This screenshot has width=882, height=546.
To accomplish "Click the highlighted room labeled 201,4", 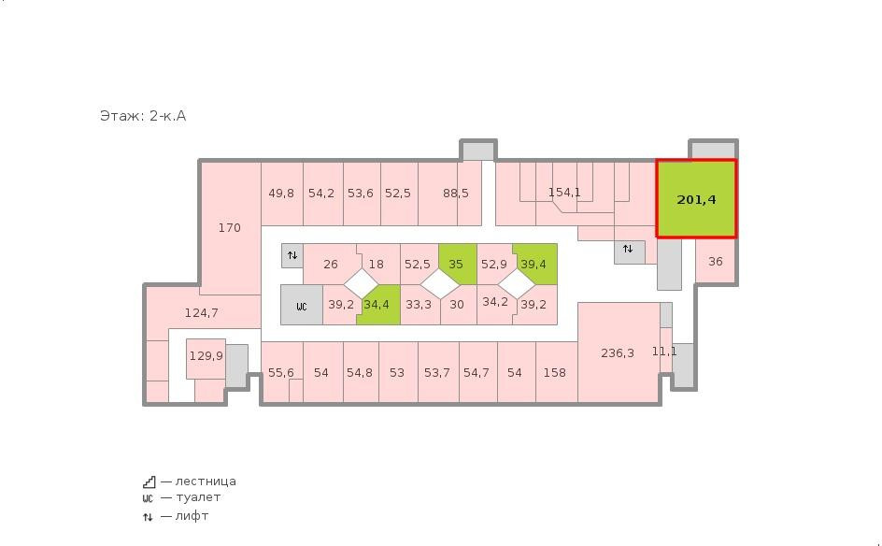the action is pyautogui.click(x=696, y=199).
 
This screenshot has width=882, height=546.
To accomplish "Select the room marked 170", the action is pyautogui.click(x=230, y=227).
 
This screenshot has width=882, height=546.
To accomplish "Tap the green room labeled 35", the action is pyautogui.click(x=457, y=264).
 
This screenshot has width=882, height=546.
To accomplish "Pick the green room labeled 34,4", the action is pyautogui.click(x=378, y=305).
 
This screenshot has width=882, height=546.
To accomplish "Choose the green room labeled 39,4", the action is pyautogui.click(x=535, y=264).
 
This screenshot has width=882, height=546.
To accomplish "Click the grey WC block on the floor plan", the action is pyautogui.click(x=302, y=305).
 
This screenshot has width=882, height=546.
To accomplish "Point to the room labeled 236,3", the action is pyautogui.click(x=619, y=352).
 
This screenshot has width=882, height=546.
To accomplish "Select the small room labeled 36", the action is pyautogui.click(x=716, y=261).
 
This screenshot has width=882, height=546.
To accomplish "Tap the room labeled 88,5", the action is pyautogui.click(x=449, y=194).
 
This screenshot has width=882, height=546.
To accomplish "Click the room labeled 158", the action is pyautogui.click(x=556, y=372).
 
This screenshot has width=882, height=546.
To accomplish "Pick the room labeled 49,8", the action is pyautogui.click(x=282, y=194).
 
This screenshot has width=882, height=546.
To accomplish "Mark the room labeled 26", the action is pyautogui.click(x=330, y=264).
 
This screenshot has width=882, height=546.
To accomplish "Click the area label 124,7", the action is pyautogui.click(x=202, y=312).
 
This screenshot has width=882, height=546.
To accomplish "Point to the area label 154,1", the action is pyautogui.click(x=564, y=193).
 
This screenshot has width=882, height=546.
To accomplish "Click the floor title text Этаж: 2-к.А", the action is pyautogui.click(x=143, y=116).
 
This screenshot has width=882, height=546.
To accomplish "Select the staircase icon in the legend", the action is pyautogui.click(x=149, y=481).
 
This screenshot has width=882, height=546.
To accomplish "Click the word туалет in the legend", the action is pyautogui.click(x=198, y=497).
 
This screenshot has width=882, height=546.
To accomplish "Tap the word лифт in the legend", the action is pyautogui.click(x=192, y=516).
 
